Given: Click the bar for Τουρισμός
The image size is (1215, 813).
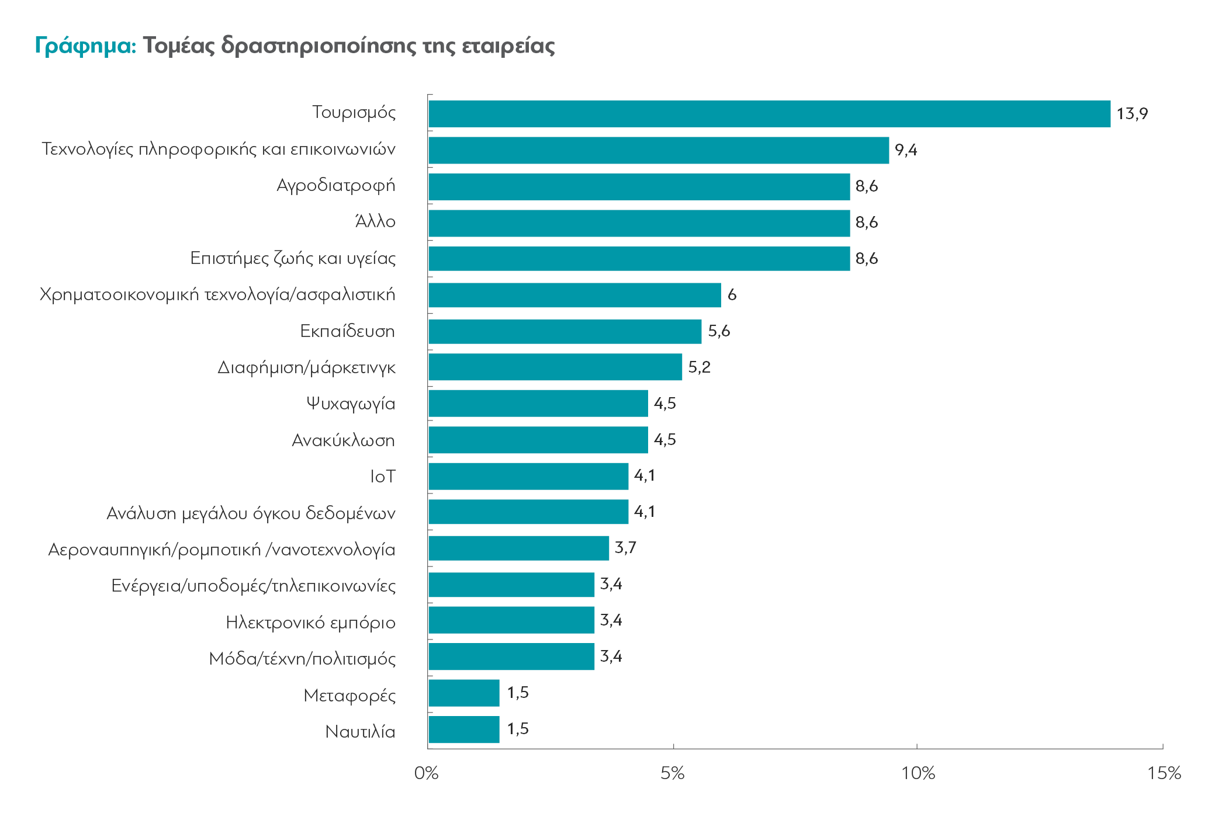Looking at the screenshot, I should (x=769, y=114).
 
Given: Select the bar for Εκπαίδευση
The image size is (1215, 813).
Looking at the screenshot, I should (x=565, y=331).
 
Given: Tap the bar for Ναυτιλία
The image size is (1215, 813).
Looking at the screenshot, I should (x=464, y=729).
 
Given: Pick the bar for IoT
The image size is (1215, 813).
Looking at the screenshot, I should (x=528, y=476).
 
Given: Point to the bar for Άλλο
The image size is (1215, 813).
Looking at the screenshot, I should (x=639, y=223).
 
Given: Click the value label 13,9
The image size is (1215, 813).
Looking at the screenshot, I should (x=1132, y=114).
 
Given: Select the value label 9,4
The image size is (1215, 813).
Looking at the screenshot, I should (x=906, y=150).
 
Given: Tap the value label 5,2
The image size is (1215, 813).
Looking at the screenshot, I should (x=699, y=367).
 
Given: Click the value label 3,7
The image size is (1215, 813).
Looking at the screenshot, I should (x=625, y=548).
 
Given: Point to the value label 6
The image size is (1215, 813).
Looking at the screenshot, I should (x=732, y=295).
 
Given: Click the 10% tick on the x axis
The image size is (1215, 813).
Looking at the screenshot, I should (x=918, y=773).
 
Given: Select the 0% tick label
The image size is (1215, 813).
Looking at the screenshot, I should (x=426, y=773).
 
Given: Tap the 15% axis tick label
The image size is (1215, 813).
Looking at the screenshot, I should (x=1164, y=773).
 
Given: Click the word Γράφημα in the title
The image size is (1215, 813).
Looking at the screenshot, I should (x=85, y=46).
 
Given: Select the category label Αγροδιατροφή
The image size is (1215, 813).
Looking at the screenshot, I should (x=336, y=186).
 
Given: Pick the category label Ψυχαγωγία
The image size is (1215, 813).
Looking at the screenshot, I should (x=351, y=404).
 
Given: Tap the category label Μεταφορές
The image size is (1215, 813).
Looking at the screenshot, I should (x=349, y=695).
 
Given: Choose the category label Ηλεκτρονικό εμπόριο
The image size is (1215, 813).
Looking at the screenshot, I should (x=310, y=623).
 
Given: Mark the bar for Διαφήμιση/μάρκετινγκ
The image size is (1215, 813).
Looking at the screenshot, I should (x=555, y=367).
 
